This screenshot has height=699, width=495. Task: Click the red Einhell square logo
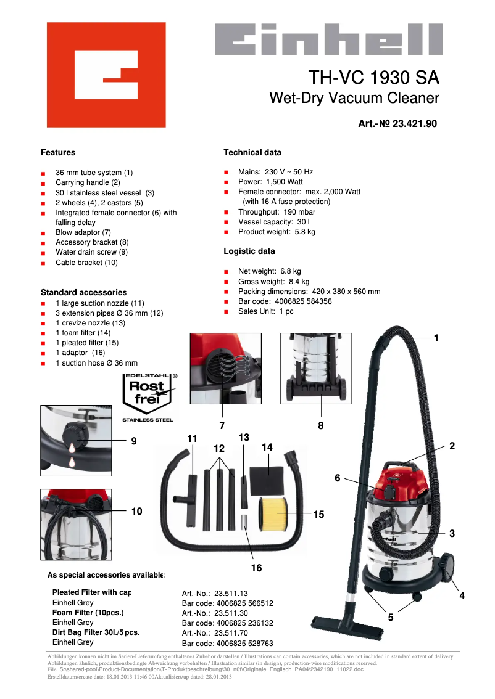coord(106,75)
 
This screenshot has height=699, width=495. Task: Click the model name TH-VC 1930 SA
coord(373,78)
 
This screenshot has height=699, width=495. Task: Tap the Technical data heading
coord(252,153)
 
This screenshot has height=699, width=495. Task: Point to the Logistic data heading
coord(249,251)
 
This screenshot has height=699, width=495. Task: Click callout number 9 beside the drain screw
coord(134,441)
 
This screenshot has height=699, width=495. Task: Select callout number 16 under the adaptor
coord(256,568)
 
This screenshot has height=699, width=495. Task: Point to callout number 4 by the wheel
coord(462,596)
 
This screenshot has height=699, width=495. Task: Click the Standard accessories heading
coord(83,292)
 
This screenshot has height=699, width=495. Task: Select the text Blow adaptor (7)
coord(83,232)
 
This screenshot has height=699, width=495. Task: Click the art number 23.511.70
coord(215,632)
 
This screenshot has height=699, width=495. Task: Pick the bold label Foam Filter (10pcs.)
coord(88,613)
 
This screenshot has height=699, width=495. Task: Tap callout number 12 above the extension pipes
coord(219,449)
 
